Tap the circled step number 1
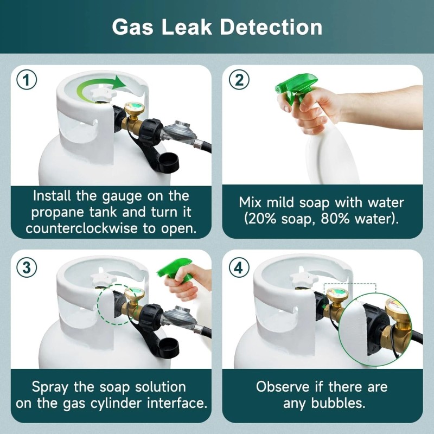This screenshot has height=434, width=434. coord(27,80)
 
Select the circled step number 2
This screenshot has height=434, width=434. coord(237,80)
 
